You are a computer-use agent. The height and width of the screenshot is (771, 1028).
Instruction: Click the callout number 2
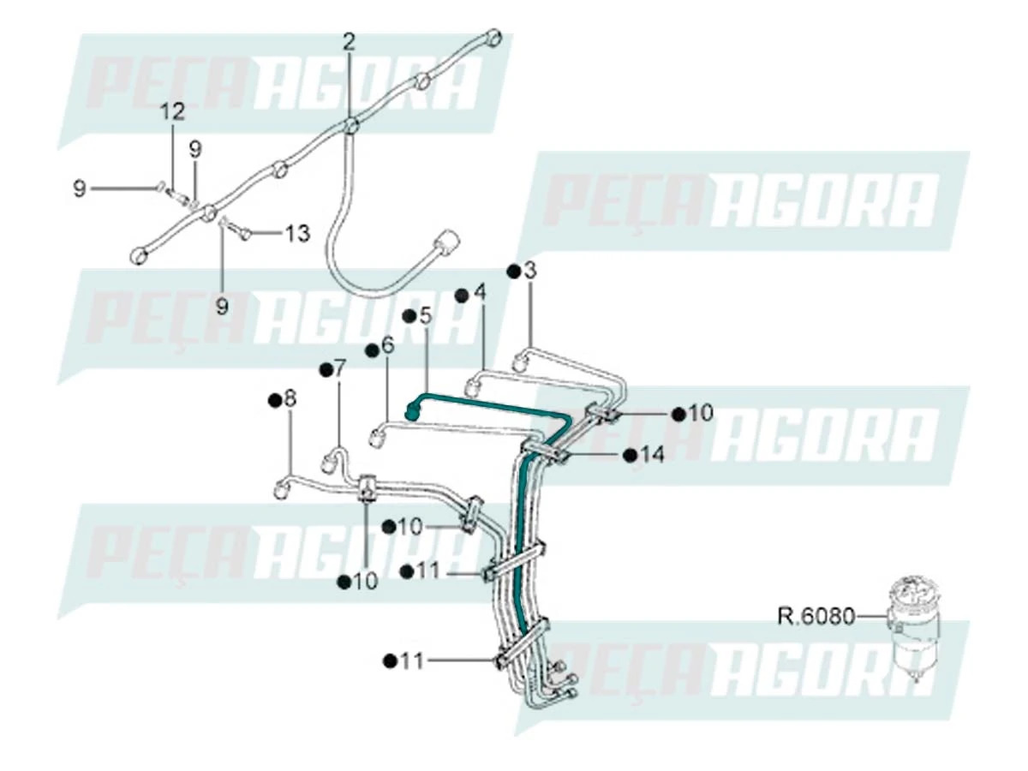(x=349, y=41)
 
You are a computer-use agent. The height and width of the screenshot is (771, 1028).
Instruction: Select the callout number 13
(x=296, y=233)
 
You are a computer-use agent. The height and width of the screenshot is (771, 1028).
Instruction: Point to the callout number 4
(x=480, y=293)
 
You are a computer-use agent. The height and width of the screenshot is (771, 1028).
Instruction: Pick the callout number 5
(x=426, y=315)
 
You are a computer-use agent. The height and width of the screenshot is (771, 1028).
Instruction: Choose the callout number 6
(x=387, y=345)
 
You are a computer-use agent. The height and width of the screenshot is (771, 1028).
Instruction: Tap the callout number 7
(x=339, y=368)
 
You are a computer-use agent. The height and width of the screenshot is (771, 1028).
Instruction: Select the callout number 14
(x=652, y=455)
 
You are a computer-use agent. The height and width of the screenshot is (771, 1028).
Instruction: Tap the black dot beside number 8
(x=274, y=399)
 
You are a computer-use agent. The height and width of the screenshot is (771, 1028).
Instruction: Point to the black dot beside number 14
(x=631, y=455)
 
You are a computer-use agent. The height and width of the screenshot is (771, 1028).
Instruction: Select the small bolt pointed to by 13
(x=244, y=233)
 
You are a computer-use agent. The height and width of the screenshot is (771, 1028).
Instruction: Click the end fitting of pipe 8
(x=280, y=490)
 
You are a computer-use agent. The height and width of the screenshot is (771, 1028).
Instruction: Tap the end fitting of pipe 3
(x=518, y=366)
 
